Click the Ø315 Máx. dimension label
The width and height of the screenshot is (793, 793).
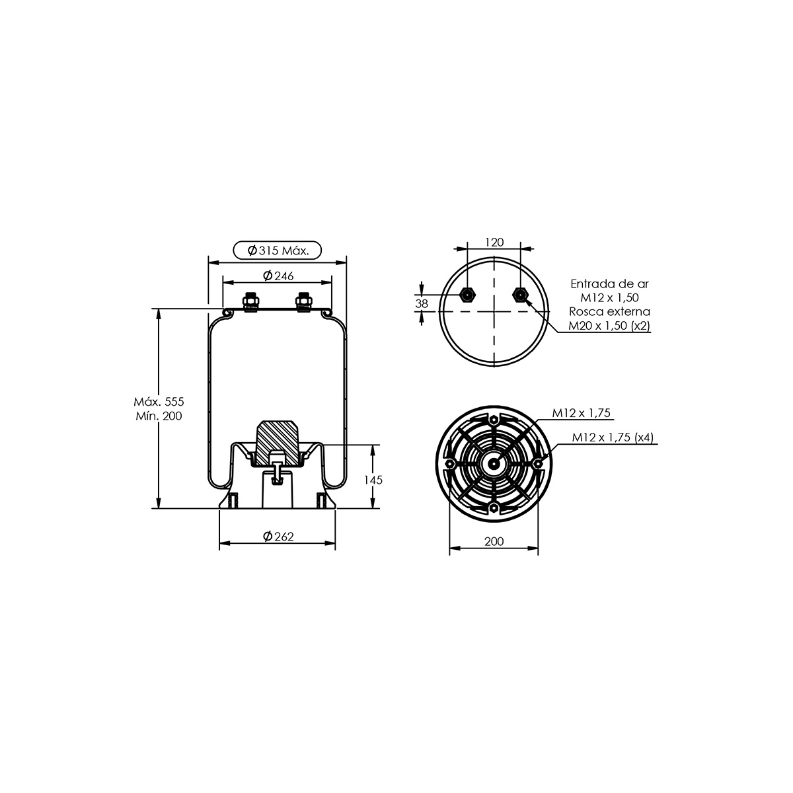click(x=278, y=250)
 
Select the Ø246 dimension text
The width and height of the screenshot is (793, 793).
click(x=278, y=276)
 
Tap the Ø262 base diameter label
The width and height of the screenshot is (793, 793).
click(x=278, y=537)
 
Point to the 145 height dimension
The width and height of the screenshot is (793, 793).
click(x=373, y=480)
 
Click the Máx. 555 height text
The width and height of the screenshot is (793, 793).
click(x=159, y=402)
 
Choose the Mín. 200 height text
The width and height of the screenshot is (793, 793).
click(x=159, y=416)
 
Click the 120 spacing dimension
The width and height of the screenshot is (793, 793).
click(x=494, y=242)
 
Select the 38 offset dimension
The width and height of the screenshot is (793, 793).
click(x=422, y=304)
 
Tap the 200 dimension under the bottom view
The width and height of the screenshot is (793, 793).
click(x=494, y=542)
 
